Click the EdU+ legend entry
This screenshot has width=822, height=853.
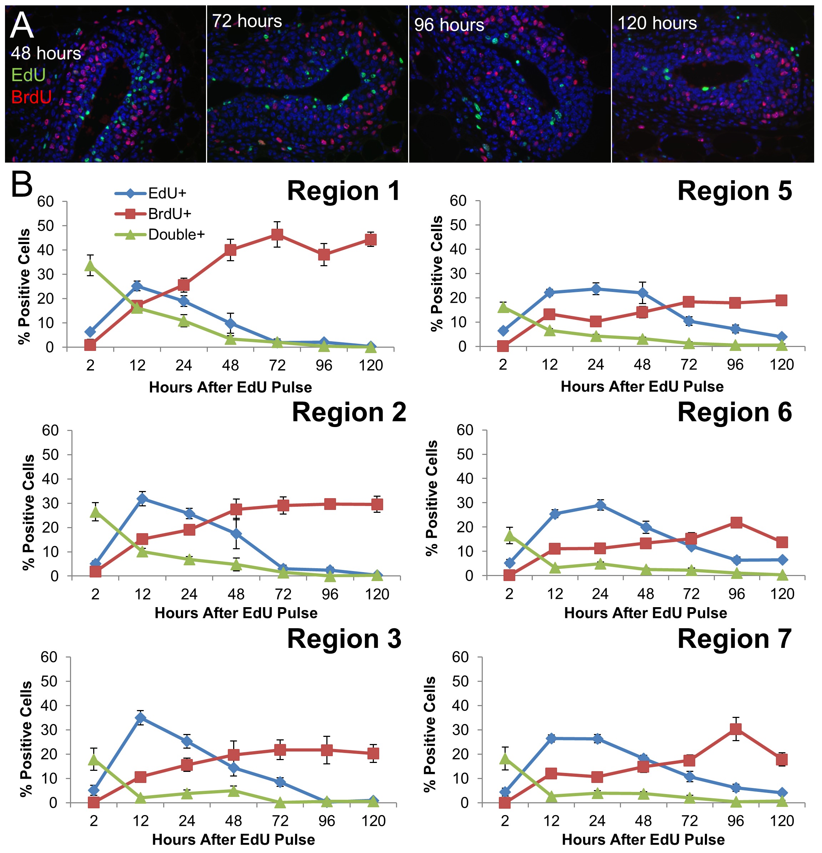(166, 193)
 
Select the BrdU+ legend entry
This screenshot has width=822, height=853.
(169, 214)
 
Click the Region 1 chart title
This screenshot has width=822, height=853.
(343, 191)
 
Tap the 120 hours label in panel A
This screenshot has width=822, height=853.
(657, 23)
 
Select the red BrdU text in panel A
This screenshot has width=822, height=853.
(31, 96)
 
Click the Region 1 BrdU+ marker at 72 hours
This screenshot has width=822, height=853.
(277, 234)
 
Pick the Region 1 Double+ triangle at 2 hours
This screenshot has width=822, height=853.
(90, 266)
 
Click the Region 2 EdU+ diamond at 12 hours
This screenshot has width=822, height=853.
(142, 499)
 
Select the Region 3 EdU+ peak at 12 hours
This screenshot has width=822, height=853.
(140, 718)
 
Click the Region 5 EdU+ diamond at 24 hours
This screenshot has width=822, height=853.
(596, 289)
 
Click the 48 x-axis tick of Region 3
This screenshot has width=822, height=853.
(234, 821)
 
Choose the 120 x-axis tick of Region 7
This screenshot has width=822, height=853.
(782, 821)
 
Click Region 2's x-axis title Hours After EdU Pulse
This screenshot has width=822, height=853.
(236, 613)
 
